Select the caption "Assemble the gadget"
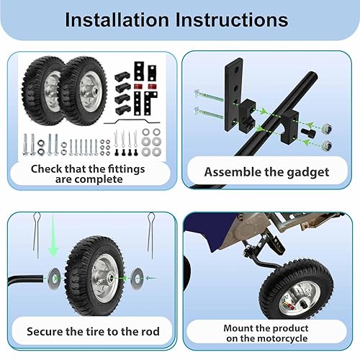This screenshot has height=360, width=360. [x=266, y=171]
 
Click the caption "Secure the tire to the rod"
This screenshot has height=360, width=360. [x=93, y=331]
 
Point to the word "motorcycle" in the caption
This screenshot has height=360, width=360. [x=266, y=338]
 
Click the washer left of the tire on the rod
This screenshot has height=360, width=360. [x=55, y=274]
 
